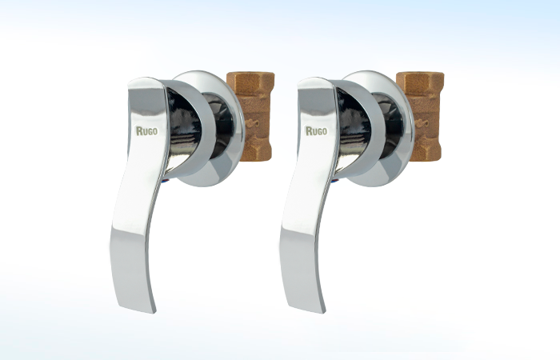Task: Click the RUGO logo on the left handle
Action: point(146,130)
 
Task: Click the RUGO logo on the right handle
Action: point(316,130)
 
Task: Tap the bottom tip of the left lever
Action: point(154,311)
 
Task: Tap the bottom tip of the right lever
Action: point(323,311)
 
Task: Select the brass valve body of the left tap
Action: point(254,116)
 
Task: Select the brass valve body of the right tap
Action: point(423,116)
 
